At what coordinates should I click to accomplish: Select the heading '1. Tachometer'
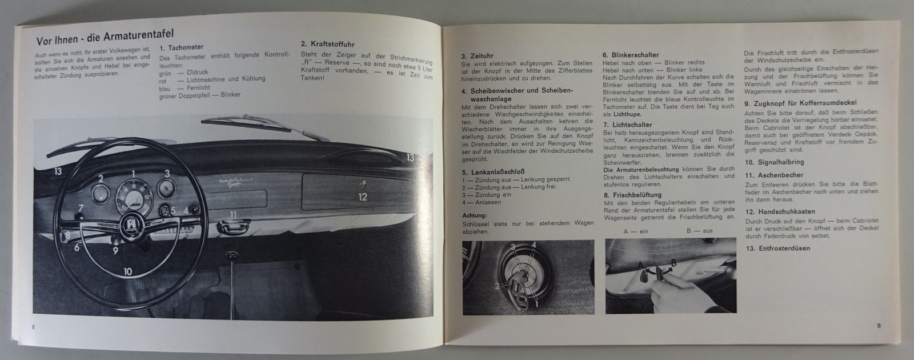coord(182,47)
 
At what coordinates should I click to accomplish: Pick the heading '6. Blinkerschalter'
coord(631,55)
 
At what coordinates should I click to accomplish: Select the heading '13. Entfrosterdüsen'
coord(777,248)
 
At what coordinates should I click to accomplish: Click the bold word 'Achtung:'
coord(475,215)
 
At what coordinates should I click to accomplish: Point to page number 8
coord(33,327)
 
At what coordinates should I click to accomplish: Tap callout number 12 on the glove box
coord(363,197)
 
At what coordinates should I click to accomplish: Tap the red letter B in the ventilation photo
coord(674,263)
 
